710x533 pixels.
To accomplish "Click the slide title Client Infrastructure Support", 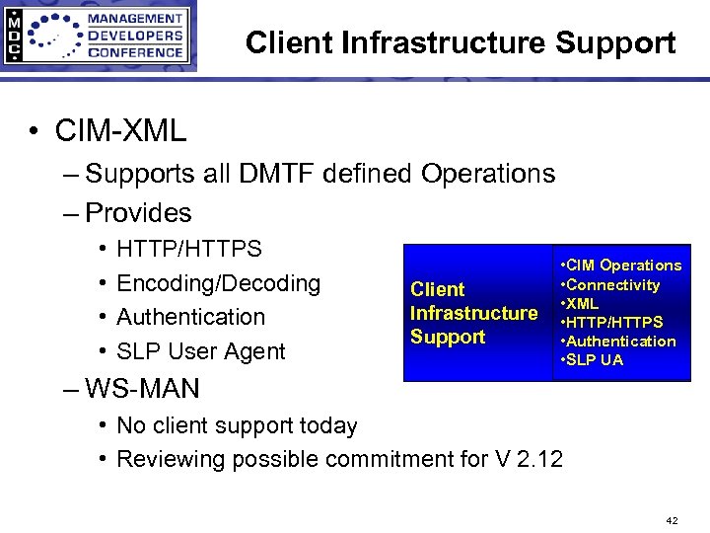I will tap(461, 43).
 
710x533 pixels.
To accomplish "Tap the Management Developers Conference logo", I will tap(99, 37).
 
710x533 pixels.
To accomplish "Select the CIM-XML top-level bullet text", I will tap(120, 129).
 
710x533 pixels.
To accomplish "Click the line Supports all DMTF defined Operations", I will tap(320, 174).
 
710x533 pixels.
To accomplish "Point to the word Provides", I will tap(138, 212).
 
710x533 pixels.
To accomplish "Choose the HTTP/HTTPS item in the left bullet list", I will tap(189, 249).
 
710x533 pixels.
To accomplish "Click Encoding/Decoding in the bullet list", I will tap(218, 283).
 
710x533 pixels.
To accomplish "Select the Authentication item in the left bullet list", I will tap(190, 317).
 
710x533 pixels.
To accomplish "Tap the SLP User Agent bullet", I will tap(200, 351).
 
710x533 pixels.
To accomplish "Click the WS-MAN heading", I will tap(142, 389).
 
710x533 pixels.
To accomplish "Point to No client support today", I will tap(237, 425).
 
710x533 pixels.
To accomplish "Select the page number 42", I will tap(673, 520).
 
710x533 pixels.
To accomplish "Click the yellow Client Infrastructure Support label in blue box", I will tap(473, 313).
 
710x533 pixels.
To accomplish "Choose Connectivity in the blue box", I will tap(613, 284).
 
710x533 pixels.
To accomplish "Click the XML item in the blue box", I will tap(583, 303).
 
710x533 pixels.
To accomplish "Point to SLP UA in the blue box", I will tap(595, 360).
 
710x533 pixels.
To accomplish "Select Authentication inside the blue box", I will tap(621, 342).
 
